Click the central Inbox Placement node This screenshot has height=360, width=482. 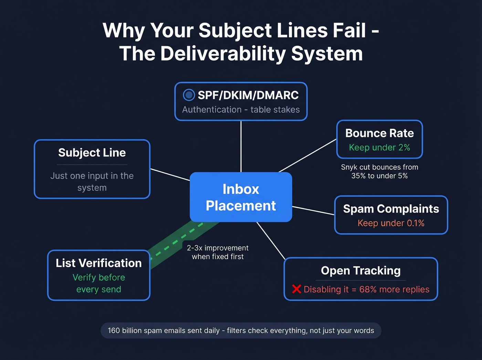click(x=241, y=197)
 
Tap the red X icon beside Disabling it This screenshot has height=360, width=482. click(x=296, y=289)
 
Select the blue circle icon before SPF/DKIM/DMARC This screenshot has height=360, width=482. click(x=189, y=95)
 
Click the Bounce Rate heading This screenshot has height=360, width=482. click(x=379, y=133)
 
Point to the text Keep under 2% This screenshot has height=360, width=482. click(x=379, y=147)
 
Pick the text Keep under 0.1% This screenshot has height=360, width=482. click(x=391, y=223)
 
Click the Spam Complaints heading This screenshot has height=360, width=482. click(x=391, y=209)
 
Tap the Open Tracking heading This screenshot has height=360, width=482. click(x=360, y=270)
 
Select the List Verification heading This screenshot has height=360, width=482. click(x=98, y=263)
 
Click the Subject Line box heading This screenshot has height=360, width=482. click(x=92, y=153)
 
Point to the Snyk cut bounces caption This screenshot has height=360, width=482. click(x=379, y=171)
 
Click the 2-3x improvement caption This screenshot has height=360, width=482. click(x=218, y=252)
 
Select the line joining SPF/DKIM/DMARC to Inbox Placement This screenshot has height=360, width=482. click(x=241, y=146)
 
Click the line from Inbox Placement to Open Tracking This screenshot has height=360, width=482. click(x=271, y=240)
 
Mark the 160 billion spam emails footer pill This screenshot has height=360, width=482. click(x=241, y=330)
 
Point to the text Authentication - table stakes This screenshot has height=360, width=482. click(x=241, y=110)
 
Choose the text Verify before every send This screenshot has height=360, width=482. click(x=98, y=283)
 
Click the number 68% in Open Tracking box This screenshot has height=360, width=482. click(x=368, y=289)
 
